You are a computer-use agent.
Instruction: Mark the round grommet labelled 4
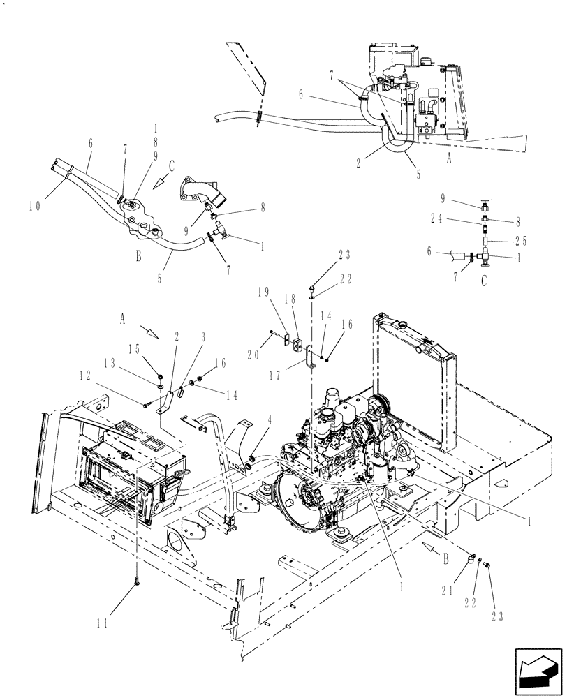247,461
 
